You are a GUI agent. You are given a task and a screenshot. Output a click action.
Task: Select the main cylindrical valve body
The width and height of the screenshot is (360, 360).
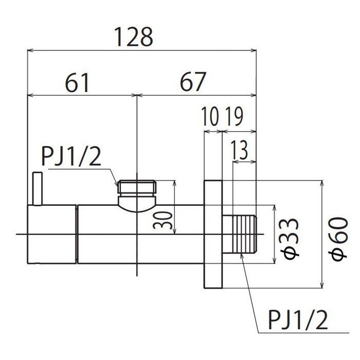[139, 234]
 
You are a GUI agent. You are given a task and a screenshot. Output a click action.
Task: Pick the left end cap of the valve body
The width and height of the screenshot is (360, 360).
[51, 234]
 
